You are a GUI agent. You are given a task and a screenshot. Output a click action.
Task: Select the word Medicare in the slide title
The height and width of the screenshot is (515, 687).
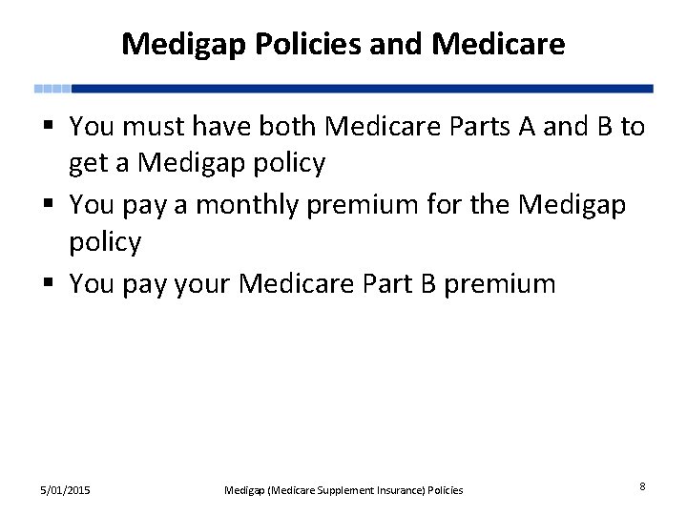pyautogui.click(x=498, y=44)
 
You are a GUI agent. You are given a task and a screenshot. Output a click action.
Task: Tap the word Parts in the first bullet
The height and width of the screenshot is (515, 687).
pyautogui.click(x=482, y=126)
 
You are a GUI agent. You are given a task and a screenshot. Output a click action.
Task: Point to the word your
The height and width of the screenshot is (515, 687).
pyautogui.click(x=203, y=284)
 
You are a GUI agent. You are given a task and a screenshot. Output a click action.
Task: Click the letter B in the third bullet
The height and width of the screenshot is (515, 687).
pyautogui.click(x=427, y=283)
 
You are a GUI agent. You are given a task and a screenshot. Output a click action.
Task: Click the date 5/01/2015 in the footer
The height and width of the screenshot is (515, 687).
pyautogui.click(x=65, y=490)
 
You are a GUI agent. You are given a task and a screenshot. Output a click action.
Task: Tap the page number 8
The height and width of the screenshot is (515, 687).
pyautogui.click(x=642, y=486)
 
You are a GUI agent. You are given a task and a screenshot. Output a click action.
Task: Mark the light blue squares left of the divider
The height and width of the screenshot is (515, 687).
pyautogui.click(x=52, y=89)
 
